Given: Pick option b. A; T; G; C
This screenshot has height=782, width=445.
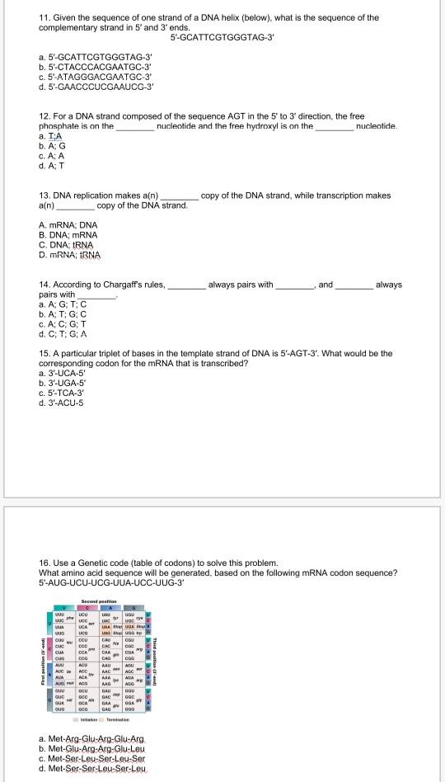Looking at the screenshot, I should pos(63,314).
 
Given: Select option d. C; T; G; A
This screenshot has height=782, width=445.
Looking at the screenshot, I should pos(63,334).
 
